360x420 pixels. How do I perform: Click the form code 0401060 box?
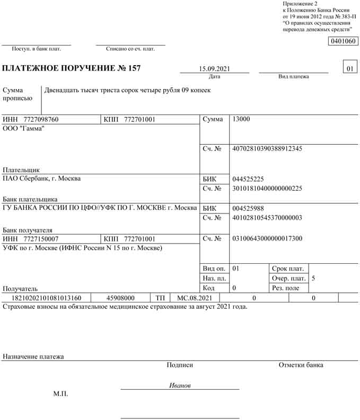tap(343, 41)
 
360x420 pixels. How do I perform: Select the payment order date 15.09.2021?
tap(214, 69)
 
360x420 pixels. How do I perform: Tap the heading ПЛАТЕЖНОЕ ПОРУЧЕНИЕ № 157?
tap(72, 69)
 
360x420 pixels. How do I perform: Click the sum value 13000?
tap(241, 120)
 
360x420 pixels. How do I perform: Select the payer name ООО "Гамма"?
tap(24, 129)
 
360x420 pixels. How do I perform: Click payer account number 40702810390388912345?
tap(267, 149)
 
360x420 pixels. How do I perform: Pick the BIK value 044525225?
tap(248, 179)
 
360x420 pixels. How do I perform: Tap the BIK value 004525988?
tap(248, 209)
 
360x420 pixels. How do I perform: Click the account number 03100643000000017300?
tap(267, 239)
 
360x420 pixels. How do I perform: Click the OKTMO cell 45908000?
tap(120, 298)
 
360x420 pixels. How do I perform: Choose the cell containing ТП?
tap(160, 298)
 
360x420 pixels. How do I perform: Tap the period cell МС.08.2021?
tap(195, 298)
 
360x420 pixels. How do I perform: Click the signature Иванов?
tap(180, 386)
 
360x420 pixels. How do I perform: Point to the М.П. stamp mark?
tap(60, 394)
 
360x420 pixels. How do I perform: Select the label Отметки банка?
tap(301, 365)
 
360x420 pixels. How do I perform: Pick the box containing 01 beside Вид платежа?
tap(349, 69)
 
